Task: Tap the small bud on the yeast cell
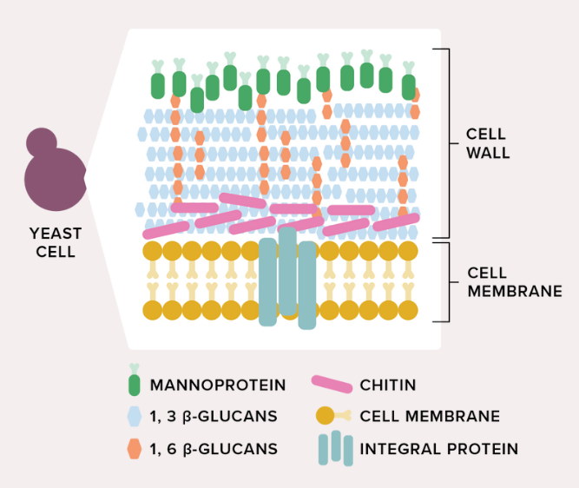[41, 142]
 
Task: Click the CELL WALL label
[487, 144]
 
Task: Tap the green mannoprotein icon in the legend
[134, 381]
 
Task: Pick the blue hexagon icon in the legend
[134, 417]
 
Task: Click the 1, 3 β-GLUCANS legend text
[214, 417]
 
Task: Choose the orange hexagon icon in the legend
[134, 449]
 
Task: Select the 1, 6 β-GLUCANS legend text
[214, 449]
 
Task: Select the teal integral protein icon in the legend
[335, 449]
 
